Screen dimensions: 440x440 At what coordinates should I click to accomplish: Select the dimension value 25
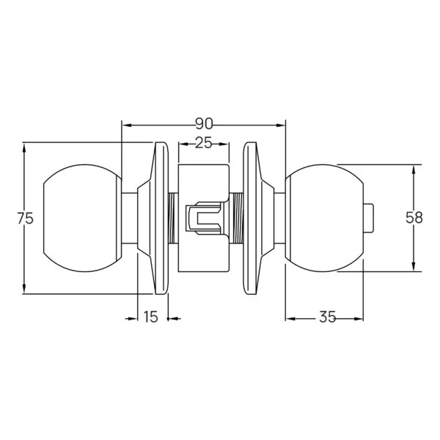point(203,144)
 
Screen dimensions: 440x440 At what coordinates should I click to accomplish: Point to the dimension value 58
point(414,219)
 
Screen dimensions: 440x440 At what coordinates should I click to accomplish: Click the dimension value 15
point(150,318)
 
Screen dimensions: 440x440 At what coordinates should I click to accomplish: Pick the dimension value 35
point(327,318)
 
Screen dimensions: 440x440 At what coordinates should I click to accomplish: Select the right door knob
point(326,219)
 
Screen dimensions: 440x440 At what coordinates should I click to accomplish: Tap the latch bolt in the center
point(203,219)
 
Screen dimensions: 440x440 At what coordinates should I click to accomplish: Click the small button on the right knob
point(368,219)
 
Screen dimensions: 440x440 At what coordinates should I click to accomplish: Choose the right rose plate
point(254,219)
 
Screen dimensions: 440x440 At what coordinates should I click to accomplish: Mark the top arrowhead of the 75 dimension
point(26,147)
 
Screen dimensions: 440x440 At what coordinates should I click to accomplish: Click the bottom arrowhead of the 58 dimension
point(414,267)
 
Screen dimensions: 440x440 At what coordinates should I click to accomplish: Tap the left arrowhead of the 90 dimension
point(125,124)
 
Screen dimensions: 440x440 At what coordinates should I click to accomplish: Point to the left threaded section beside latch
point(173,219)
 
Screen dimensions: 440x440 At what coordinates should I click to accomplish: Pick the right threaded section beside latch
point(238,219)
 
